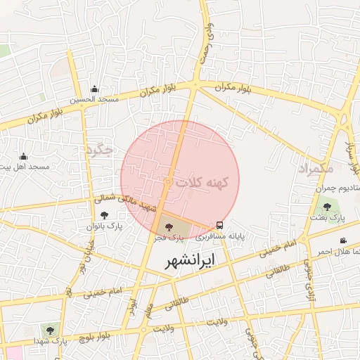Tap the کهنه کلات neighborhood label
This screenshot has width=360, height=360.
coord(203,182)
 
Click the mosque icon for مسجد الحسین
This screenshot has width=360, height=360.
coord(95,89)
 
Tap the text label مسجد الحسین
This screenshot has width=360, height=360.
coord(94,100)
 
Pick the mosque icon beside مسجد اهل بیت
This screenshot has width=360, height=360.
coord(23,157)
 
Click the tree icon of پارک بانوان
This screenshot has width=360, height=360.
coord(105,216)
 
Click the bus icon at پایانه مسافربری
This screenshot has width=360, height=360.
coord(220,226)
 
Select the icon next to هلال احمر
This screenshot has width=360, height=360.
coord(343,241)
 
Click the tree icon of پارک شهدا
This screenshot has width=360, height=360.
coord(49,329)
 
